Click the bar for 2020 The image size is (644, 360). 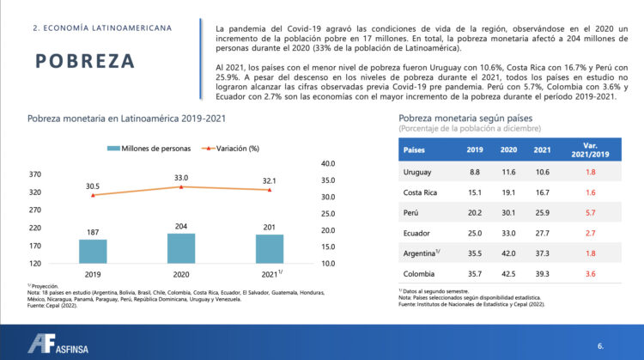180,247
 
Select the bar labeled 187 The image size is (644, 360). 93,251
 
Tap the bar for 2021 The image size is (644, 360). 270,248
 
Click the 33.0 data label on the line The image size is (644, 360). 180,178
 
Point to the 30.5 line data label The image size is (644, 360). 93,186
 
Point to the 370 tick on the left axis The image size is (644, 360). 35,174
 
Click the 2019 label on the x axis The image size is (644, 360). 93,274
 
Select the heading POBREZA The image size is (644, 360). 86,61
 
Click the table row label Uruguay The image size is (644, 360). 416,172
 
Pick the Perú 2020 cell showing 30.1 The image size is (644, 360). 508,212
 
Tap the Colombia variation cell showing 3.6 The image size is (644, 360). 590,273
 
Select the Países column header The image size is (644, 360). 415,149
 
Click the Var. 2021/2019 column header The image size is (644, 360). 590,149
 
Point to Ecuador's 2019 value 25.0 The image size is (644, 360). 475,233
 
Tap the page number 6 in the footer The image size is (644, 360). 600,345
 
